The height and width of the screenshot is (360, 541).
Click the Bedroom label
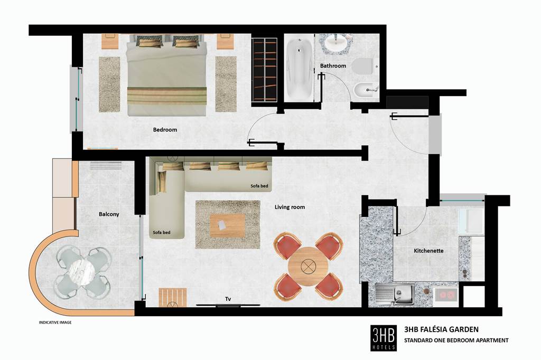165,130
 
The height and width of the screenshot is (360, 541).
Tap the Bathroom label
333,65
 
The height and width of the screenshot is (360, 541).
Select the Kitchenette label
428,251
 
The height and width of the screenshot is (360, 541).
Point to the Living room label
290,207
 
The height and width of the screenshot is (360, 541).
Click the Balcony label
109,214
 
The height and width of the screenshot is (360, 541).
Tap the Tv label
228,299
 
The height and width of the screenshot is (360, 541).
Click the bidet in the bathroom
366,91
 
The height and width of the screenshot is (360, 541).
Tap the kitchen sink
395,295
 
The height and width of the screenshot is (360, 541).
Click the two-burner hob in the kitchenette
446,295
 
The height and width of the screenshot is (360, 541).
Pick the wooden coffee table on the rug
228,225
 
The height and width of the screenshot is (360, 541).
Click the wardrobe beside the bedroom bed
264,70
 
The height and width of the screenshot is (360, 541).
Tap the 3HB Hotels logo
384,338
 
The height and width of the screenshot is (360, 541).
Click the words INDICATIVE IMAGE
55,323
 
